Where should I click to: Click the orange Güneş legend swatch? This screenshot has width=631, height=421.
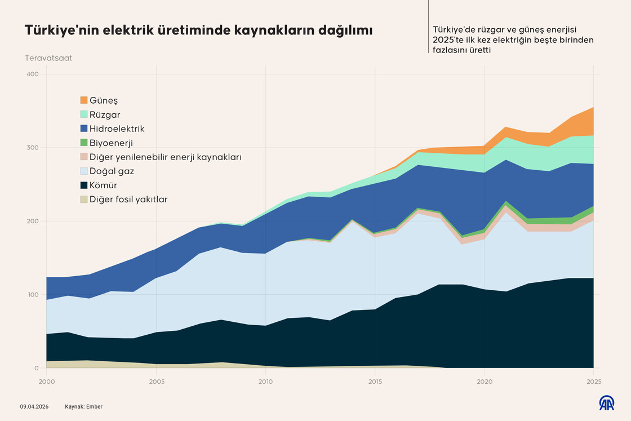[x=84, y=100]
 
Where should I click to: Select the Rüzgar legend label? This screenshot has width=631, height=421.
[x=105, y=115]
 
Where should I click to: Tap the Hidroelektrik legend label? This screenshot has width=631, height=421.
[x=117, y=129]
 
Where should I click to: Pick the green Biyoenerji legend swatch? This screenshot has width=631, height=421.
[x=84, y=143]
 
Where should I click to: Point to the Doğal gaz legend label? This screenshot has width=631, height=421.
[x=112, y=171]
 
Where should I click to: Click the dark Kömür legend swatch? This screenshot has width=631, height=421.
[x=84, y=185]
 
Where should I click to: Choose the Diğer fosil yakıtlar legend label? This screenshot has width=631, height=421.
[x=128, y=199]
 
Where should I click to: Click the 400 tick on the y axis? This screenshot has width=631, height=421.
[x=32, y=74]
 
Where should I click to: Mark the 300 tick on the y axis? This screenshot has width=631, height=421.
[x=32, y=148]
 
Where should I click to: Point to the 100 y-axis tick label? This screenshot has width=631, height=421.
[x=32, y=295]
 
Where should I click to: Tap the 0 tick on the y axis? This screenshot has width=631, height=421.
[x=36, y=368]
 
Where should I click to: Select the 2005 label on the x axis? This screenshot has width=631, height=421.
[x=156, y=382]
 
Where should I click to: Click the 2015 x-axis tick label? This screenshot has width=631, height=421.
[x=375, y=382]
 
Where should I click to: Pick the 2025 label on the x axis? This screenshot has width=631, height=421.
[x=593, y=382]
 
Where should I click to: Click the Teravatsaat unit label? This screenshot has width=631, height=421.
[x=48, y=58]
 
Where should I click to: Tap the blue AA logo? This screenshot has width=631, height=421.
[x=606, y=403]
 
